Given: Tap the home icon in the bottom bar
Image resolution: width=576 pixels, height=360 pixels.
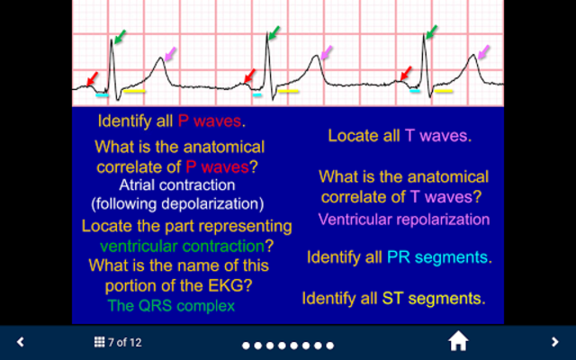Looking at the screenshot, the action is pos(458,341).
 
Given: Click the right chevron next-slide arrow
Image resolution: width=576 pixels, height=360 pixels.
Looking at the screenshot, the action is pos(555,342).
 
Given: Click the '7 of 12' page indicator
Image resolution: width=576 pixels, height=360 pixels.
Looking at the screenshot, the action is pos(125,342).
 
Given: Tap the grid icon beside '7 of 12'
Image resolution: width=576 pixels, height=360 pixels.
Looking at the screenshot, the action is pos(99,342).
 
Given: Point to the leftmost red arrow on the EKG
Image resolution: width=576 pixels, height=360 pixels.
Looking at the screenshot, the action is pos(92,78).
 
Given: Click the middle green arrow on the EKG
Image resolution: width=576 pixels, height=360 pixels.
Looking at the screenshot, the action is pos(274,32).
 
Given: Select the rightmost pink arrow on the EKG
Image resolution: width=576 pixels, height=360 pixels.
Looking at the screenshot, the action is pos(484,52).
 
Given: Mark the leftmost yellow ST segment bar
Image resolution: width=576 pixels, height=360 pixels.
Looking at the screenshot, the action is pos(134,91).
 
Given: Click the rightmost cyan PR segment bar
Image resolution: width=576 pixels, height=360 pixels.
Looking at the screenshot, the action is pos(415,91).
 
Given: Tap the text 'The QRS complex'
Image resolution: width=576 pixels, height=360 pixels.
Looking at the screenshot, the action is pos(171,306).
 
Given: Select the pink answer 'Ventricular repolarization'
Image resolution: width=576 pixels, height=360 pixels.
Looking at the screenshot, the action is pos(404,220).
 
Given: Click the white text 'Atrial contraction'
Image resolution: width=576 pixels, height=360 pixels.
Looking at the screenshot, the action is pos(177,184).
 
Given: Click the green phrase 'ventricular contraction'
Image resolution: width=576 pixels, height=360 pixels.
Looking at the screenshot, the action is pos(183,246).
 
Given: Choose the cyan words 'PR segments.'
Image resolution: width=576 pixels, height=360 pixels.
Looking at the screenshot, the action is pos(439,257).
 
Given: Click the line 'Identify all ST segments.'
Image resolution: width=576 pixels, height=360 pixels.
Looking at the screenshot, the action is pos(393,298).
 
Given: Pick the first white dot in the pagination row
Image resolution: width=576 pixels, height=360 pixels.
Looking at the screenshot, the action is pos(246,346).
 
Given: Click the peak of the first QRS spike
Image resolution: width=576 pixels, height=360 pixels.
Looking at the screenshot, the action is pos(112,40).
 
